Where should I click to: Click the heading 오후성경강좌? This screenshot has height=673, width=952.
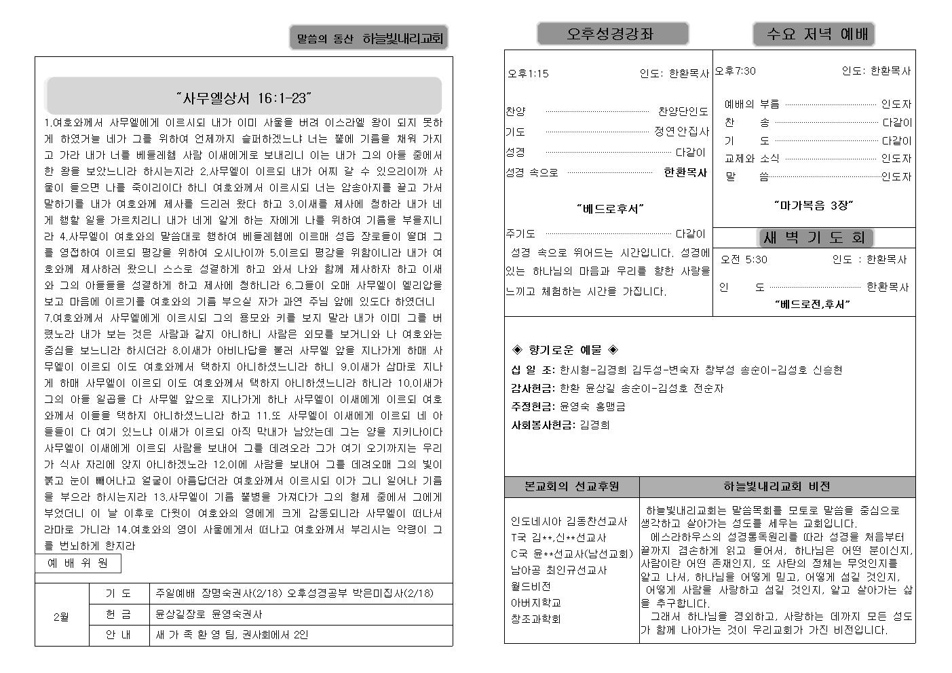pyautogui.click(x=612, y=34)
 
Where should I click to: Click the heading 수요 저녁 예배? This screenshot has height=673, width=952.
pyautogui.click(x=813, y=34)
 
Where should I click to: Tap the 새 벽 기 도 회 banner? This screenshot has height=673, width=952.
pyautogui.click(x=814, y=237)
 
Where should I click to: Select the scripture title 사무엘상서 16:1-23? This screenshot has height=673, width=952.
pyautogui.click(x=243, y=98)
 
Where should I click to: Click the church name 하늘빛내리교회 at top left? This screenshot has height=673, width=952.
pyautogui.click(x=402, y=39)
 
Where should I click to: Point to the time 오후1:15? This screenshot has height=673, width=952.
pyautogui.click(x=528, y=74)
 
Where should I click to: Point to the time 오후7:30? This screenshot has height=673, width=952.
pyautogui.click(x=735, y=71)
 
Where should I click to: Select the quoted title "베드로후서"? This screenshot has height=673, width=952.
pyautogui.click(x=609, y=209)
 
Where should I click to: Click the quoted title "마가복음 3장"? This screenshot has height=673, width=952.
pyautogui.click(x=813, y=205)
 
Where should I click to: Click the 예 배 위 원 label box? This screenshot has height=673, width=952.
pyautogui.click(x=78, y=563)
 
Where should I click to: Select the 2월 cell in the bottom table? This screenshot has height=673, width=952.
pyautogui.click(x=62, y=617)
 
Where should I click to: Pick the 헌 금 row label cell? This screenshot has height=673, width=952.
pyautogui.click(x=119, y=614)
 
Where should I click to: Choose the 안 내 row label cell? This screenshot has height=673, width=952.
pyautogui.click(x=119, y=635)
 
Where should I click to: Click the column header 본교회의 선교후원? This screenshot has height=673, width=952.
pyautogui.click(x=571, y=486)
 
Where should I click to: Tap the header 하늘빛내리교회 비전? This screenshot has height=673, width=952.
pyautogui.click(x=776, y=486)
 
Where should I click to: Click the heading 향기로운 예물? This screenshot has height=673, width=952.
pyautogui.click(x=565, y=350)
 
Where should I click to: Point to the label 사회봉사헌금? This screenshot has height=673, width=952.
pyautogui.click(x=543, y=425)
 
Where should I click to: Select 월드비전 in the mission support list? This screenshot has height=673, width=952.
pyautogui.click(x=531, y=586)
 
